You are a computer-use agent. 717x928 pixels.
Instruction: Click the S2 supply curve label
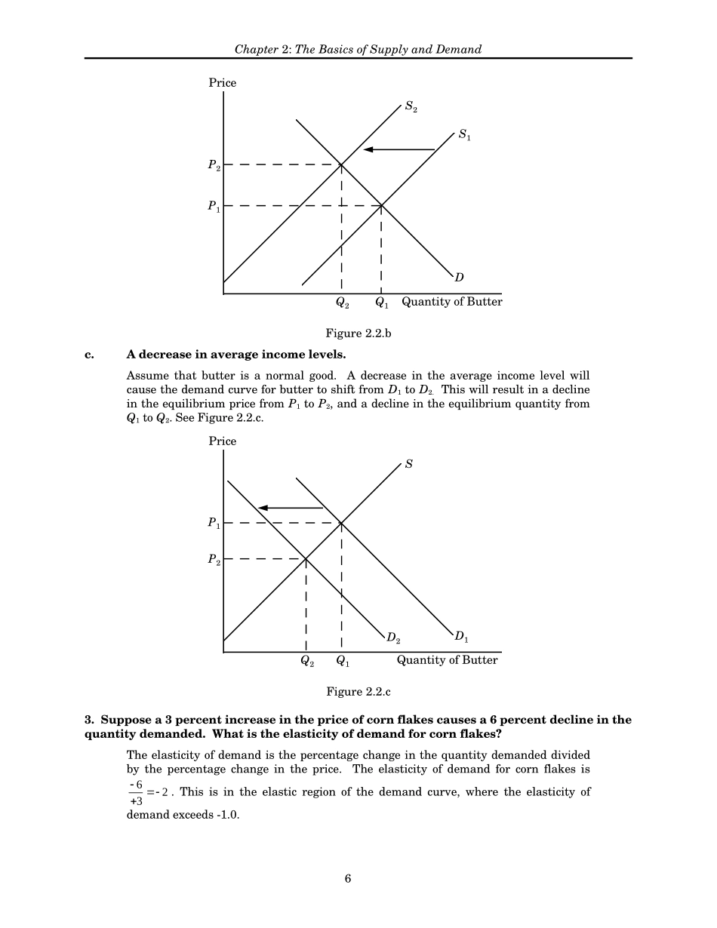pyautogui.click(x=411, y=107)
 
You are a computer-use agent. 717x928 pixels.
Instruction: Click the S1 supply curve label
pyautogui.click(x=465, y=137)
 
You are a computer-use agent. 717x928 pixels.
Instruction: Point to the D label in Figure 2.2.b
pyautogui.click(x=459, y=278)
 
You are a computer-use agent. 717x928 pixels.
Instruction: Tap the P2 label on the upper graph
pyautogui.click(x=214, y=166)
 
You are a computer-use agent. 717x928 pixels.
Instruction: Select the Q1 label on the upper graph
pyautogui.click(x=382, y=303)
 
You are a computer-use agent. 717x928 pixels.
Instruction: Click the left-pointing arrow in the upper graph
pyautogui.click(x=399, y=149)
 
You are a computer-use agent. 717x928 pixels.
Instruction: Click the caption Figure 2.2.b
pyautogui.click(x=358, y=333)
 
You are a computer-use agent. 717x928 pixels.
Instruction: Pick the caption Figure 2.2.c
pyautogui.click(x=358, y=691)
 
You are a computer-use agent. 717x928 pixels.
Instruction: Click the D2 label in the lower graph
pyautogui.click(x=393, y=638)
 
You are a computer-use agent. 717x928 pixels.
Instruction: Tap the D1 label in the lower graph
pyautogui.click(x=461, y=638)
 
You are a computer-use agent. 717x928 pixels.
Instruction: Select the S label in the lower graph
pyautogui.click(x=409, y=464)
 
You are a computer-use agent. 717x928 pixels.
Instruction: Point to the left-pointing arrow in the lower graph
pyautogui.click(x=291, y=508)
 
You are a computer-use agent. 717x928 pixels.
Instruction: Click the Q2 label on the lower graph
pyautogui.click(x=306, y=662)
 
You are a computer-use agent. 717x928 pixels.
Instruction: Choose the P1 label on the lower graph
pyautogui.click(x=214, y=524)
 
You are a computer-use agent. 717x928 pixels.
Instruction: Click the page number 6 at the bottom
pyautogui.click(x=348, y=878)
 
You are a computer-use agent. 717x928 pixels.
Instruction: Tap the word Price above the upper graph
pyautogui.click(x=223, y=83)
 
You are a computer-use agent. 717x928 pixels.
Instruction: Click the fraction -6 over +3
pyautogui.click(x=135, y=792)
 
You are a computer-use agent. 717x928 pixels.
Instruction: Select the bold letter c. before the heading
pyautogui.click(x=89, y=354)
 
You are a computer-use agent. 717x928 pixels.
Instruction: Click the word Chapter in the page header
pyautogui.click(x=257, y=50)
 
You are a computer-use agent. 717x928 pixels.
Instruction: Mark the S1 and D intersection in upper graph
pyautogui.click(x=381, y=205)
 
